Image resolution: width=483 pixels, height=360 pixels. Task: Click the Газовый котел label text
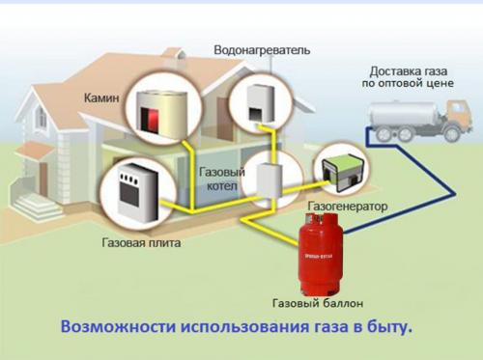click(x=219, y=179)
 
